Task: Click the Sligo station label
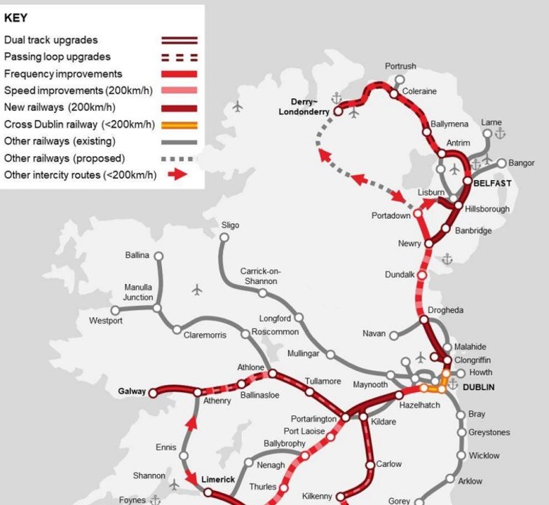tap(230, 225)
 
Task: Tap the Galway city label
tap(132, 392)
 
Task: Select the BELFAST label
tap(492, 183)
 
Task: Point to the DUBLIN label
tap(477, 386)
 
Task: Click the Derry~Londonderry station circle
tap(339, 111)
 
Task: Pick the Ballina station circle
tap(158, 256)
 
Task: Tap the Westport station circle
tap(116, 310)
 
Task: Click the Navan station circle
tap(393, 335)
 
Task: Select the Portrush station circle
tap(400, 80)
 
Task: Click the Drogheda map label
tap(446, 310)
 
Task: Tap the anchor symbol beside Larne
tap(500, 133)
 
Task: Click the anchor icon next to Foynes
tap(156, 500)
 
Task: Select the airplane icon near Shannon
tap(174, 484)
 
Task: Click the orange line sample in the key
tap(179, 125)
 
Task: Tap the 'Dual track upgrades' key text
tap(51, 40)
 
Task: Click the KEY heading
tap(15, 18)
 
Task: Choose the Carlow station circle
tap(371, 465)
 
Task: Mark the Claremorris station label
tap(205, 335)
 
